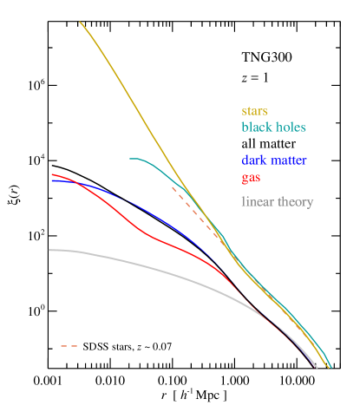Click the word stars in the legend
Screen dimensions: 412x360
click(x=254, y=112)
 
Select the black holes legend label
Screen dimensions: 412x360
click(x=273, y=127)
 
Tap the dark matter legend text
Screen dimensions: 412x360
click(x=274, y=160)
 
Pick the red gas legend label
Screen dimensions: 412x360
click(x=252, y=178)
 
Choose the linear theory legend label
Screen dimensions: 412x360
click(x=277, y=202)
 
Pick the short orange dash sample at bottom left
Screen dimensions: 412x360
click(x=69, y=346)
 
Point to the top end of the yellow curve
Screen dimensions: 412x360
click(x=80, y=23)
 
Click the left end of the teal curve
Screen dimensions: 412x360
click(x=130, y=159)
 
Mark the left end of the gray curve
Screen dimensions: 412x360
click(x=49, y=250)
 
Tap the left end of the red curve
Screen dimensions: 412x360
click(x=52, y=174)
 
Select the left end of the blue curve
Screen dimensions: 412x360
click(x=52, y=180)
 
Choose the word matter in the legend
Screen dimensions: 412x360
click(x=289, y=160)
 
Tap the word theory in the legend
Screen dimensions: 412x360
click(x=295, y=202)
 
